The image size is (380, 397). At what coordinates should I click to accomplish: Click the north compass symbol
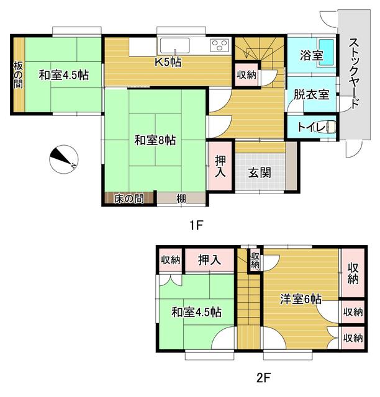coord(63,159)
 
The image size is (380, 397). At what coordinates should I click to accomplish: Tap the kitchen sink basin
coord(175,45)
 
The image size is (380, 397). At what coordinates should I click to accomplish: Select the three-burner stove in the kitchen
coord(220,46)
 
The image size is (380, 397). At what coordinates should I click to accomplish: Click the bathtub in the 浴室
coord(326,52)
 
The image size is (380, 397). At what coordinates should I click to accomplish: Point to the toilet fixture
coord(329,127)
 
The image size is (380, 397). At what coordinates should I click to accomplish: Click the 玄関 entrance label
coord(260,172)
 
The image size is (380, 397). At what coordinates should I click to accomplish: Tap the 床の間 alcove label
coord(129,198)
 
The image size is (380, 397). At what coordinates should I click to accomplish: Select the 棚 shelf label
coord(181,198)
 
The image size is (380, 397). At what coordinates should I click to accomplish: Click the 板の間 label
coord(18,75)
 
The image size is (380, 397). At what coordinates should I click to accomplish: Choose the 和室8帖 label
coord(155,140)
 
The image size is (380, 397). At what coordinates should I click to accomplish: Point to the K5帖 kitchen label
coord(168,62)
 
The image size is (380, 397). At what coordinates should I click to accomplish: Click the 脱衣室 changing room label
coord(311,94)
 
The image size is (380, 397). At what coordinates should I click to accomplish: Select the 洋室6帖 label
coord(301,299)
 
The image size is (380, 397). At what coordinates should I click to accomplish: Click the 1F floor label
coord(197,225)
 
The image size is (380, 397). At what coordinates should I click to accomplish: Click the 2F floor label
coord(264,378)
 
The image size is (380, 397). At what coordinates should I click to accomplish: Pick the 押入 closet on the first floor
coord(220,166)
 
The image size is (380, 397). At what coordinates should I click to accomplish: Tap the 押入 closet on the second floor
coord(209,260)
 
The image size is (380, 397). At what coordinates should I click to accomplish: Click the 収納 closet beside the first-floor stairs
coord(247,74)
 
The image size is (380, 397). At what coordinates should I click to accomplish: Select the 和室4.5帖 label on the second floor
coord(196,312)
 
